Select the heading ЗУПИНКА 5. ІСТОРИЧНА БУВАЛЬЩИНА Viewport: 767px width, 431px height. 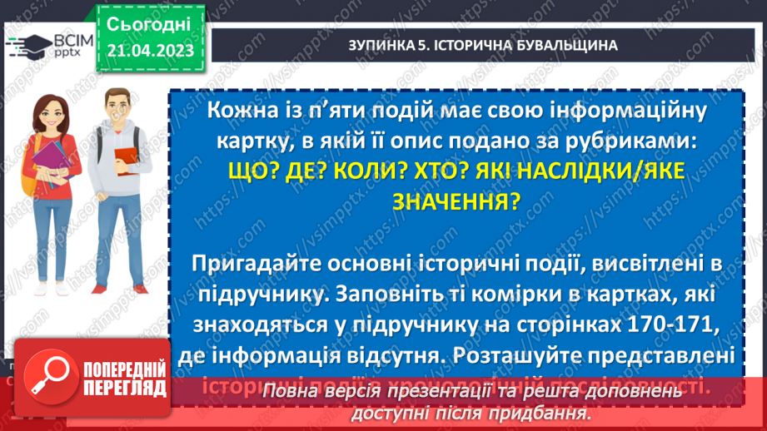tap(482, 45)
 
